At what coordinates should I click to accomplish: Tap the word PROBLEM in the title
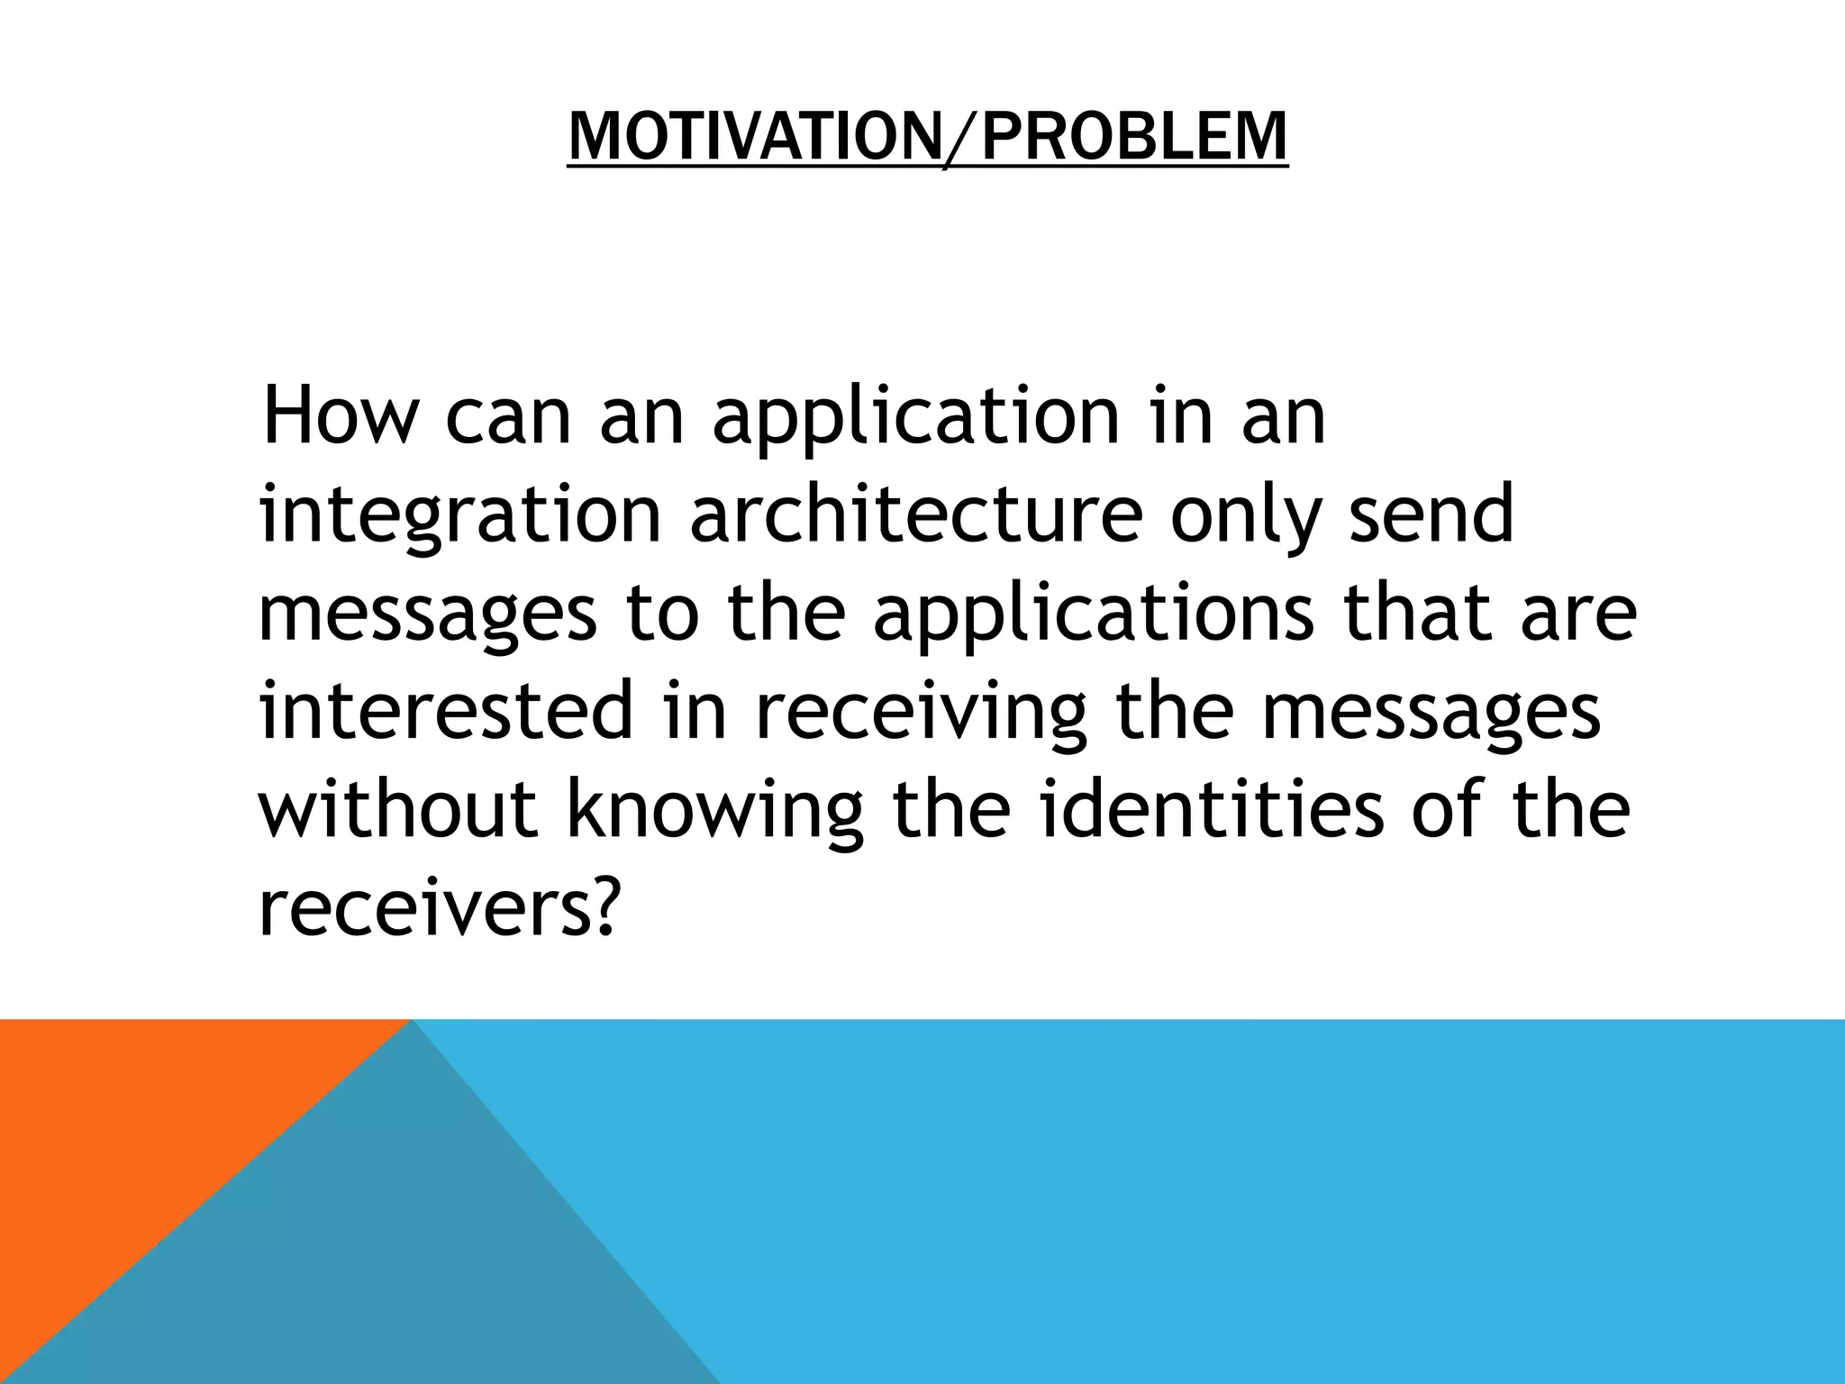[x=1134, y=137]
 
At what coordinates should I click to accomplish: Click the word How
[x=340, y=416]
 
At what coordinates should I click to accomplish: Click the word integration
[x=459, y=516]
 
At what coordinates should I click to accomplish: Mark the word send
[x=1431, y=514]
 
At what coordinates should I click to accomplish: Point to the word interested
[x=447, y=711]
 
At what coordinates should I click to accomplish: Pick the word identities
[x=1212, y=808]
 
